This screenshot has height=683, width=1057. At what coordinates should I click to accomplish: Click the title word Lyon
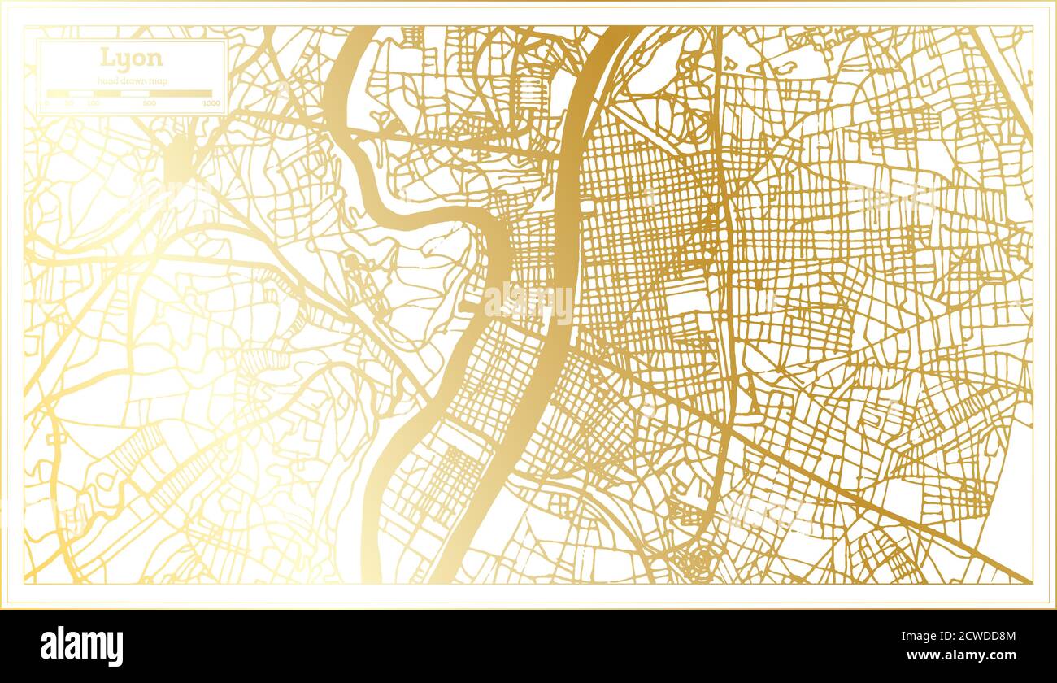coord(131,58)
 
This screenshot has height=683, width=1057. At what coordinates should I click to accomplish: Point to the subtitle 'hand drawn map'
coord(131,80)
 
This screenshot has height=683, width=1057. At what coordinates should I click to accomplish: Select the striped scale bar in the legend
coord(129,93)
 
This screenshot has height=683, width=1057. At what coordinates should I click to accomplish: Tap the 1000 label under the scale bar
coord(211,103)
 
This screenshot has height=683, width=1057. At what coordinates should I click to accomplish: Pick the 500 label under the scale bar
coord(150,103)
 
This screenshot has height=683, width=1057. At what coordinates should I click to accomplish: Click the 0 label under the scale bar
coord(47,103)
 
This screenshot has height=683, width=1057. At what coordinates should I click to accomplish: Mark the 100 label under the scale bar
coord(93,103)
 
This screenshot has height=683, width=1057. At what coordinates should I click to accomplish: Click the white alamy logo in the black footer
coord(81,646)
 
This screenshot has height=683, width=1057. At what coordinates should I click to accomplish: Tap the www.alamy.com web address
coord(965,655)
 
